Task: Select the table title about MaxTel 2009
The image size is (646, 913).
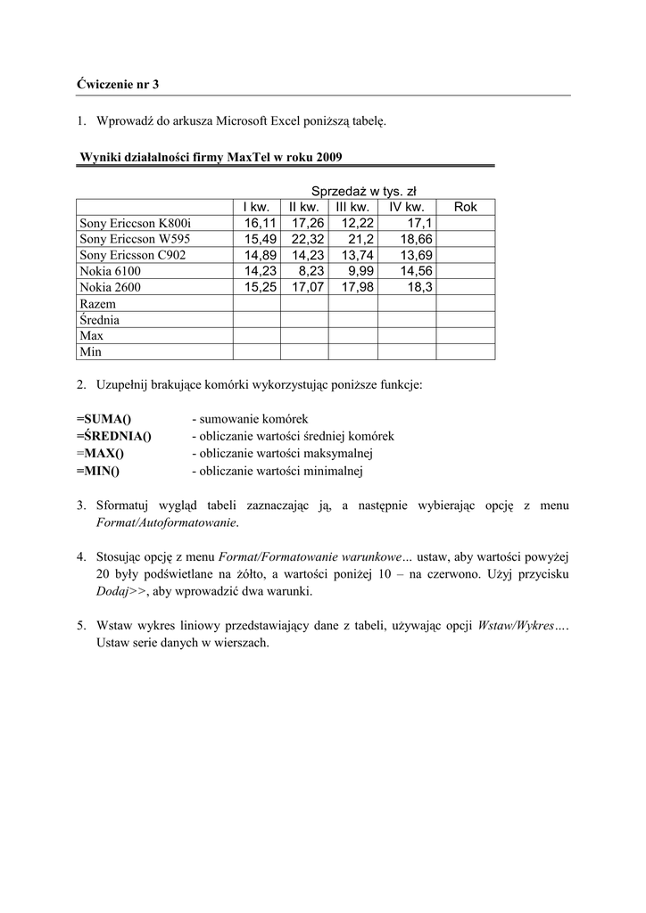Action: tap(211, 157)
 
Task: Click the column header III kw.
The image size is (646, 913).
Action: tap(352, 207)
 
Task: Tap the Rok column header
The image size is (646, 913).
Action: tap(466, 207)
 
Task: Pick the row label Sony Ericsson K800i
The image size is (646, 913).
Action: tap(135, 223)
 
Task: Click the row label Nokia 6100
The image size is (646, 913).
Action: tap(110, 271)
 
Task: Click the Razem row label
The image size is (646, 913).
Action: tap(97, 303)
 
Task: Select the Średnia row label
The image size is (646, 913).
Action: tap(99, 319)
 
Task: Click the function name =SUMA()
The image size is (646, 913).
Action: tap(104, 418)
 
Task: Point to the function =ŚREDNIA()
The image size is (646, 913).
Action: tap(113, 436)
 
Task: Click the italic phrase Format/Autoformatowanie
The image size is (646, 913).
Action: tap(167, 523)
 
